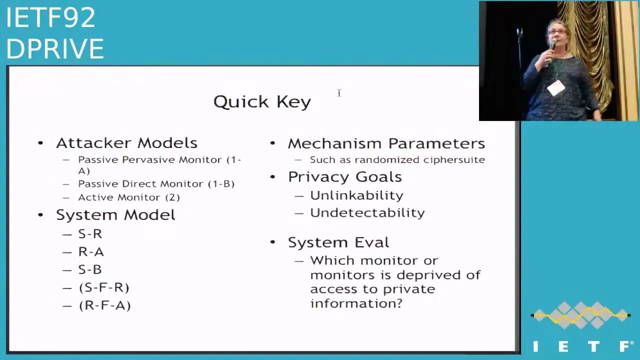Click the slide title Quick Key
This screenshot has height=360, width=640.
coord(262,102)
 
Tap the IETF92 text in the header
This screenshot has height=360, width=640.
coord(50,17)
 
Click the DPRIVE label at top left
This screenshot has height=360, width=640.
coord(55,48)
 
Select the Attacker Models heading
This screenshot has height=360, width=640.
coord(126,143)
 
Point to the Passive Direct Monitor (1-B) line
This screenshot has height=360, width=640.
coord(156,183)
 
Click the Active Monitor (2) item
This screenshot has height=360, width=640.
coord(129,197)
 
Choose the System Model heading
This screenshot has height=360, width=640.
coord(115,215)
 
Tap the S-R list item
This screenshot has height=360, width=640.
coord(90,234)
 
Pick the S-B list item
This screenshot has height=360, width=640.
coord(90,269)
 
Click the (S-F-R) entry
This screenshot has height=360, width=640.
coord(104,287)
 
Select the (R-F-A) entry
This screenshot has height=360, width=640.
coord(104,305)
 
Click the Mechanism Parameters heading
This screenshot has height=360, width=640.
coord(386,143)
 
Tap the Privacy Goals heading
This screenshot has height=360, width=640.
coord(345,177)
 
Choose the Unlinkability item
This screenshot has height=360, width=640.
coord(356,195)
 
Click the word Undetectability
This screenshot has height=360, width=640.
coord(367,213)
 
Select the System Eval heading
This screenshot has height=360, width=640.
coord(338,242)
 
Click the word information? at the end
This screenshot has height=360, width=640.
coord(356,303)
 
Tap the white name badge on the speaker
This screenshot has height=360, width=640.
coord(555,87)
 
